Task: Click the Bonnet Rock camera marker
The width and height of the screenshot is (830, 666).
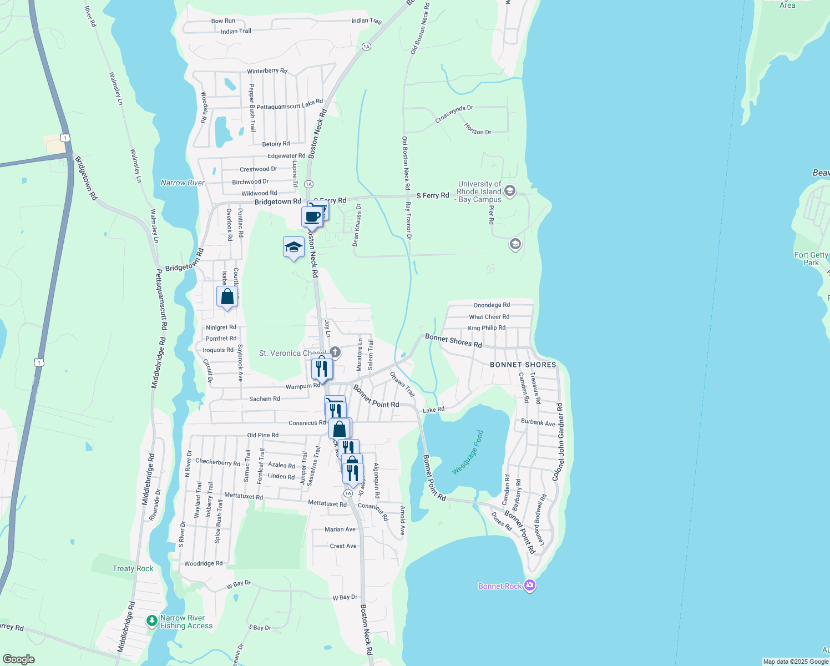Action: tap(529, 586)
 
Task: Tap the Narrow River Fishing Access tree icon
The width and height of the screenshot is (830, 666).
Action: tap(151, 621)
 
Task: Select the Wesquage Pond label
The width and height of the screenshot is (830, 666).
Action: tap(468, 452)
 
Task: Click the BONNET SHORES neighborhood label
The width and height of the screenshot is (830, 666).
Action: tap(523, 365)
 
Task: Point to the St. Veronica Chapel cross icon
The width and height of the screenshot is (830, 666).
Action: tap(335, 352)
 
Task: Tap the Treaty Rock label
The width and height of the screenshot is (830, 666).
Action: tap(133, 568)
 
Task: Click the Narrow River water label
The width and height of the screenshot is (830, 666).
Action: tap(183, 183)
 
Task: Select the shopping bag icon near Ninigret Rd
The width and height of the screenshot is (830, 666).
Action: tap(227, 296)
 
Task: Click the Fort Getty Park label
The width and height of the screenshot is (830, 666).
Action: tap(811, 259)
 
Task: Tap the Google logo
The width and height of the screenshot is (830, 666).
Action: tap(18, 659)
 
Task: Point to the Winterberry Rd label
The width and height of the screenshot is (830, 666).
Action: tap(267, 71)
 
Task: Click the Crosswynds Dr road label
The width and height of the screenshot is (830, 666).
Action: tap(454, 114)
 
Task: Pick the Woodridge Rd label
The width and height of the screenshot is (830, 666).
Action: tap(203, 563)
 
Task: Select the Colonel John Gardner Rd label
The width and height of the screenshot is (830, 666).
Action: tap(558, 442)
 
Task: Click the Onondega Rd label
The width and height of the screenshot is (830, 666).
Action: tap(492, 305)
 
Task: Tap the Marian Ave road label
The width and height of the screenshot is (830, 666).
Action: tap(340, 529)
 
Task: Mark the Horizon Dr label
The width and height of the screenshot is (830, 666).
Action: tap(478, 129)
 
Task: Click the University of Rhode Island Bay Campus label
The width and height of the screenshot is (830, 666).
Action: tap(479, 191)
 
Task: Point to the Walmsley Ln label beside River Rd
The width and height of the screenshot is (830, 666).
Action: tap(115, 88)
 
